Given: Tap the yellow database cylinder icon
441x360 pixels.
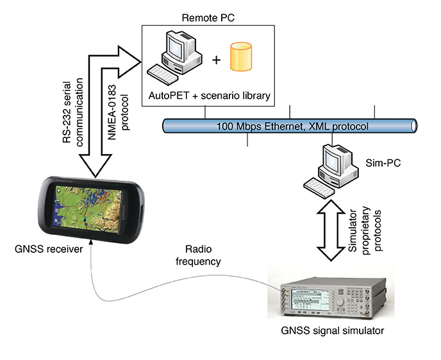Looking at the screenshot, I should pyautogui.click(x=241, y=58).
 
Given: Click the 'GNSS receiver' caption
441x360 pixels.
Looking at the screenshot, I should pyautogui.click(x=50, y=248).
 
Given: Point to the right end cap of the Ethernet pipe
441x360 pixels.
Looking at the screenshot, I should pyautogui.click(x=413, y=126).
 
